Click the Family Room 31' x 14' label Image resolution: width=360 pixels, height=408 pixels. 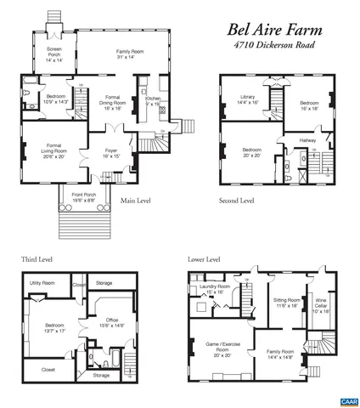coord(130,54)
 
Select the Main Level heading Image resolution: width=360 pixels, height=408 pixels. coord(140,201)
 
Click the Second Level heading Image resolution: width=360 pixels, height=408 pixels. coord(236,201)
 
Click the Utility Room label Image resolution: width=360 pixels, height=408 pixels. coord(42,281)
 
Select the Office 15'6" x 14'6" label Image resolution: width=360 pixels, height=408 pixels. coord(110,324)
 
